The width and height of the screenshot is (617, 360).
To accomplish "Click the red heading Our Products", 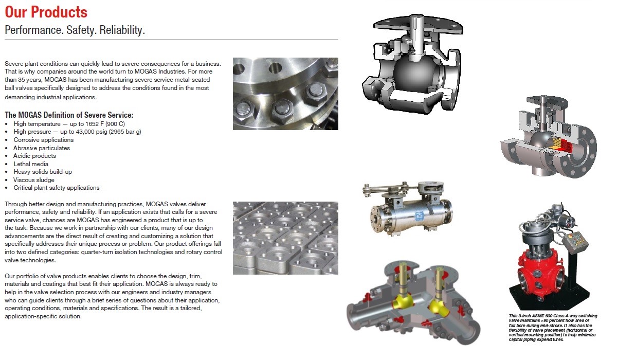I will tap(46, 12).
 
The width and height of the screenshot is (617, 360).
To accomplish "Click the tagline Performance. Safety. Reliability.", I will tap(75, 30).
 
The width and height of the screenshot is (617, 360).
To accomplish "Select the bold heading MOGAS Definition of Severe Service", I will tap(69, 115).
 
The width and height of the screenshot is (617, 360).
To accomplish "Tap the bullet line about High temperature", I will tap(69, 124).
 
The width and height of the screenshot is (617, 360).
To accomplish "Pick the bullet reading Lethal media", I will tap(31, 164).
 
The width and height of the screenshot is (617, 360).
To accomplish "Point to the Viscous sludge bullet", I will tap(34, 179).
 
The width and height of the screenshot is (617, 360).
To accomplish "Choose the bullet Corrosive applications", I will tap(43, 140).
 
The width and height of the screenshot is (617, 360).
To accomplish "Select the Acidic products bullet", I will tap(34, 156).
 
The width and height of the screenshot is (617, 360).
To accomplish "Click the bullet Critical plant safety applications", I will tap(57, 188).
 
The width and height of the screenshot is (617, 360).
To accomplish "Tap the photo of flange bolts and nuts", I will tap(285, 93).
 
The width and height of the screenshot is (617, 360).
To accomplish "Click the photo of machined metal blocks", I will tap(285, 238).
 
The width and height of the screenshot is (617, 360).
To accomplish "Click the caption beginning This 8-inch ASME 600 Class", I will tap(553, 328).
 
